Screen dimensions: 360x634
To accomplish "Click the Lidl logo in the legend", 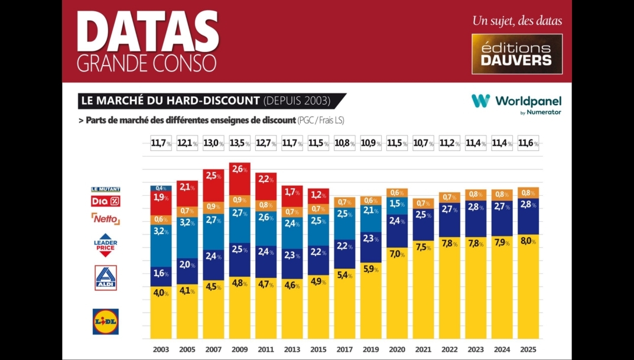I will click(x=105, y=322).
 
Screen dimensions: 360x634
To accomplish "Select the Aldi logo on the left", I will click(x=106, y=278).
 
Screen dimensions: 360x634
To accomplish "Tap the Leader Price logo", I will click(x=106, y=245).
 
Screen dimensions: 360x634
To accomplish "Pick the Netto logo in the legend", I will click(x=106, y=219).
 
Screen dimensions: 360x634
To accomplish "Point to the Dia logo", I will click(x=106, y=202).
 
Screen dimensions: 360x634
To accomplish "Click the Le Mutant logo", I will click(x=106, y=189).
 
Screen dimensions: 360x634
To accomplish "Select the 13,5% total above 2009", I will click(x=239, y=143).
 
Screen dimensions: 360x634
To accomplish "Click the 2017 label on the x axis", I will click(x=344, y=349).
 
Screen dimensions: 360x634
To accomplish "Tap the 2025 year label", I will click(x=528, y=349).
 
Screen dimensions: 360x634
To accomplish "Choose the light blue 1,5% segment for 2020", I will click(x=397, y=204).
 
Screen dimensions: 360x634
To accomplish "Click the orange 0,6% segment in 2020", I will click(x=397, y=193).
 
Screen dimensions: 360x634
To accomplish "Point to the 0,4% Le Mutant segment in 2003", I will click(x=161, y=189).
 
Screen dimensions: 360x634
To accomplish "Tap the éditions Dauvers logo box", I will click(x=516, y=54).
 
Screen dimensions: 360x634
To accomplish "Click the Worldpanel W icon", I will click(x=480, y=100).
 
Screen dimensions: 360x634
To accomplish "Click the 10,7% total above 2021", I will click(x=423, y=143).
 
